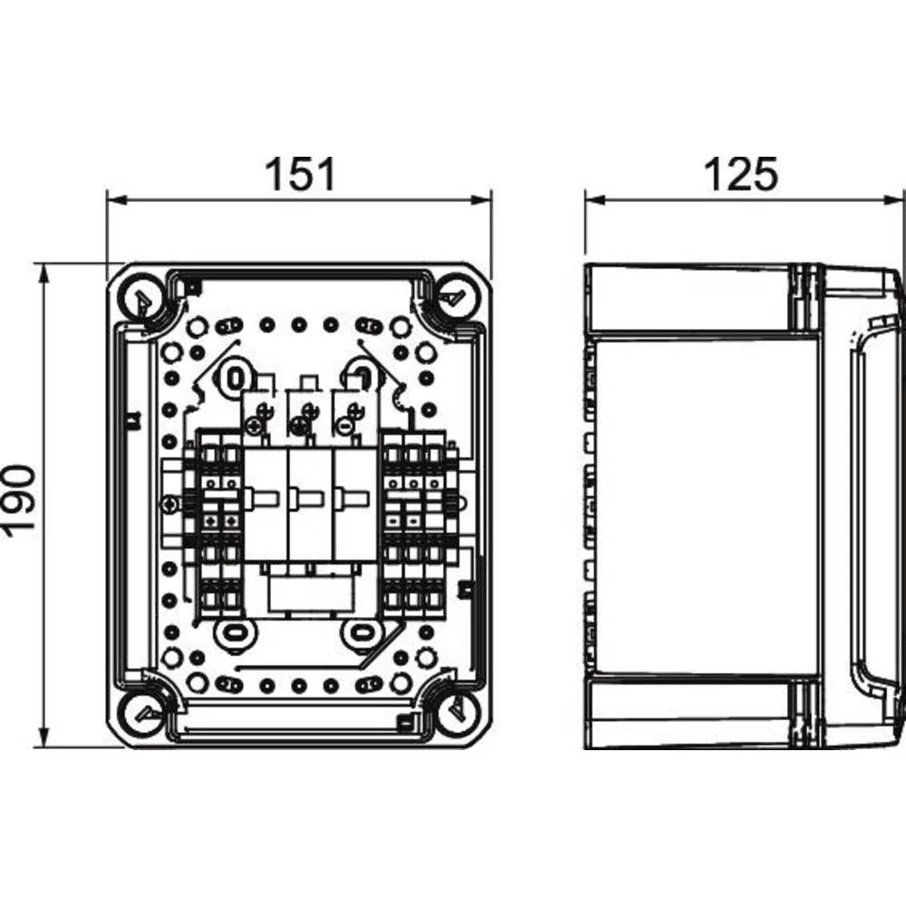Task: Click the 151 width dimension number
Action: (299, 174)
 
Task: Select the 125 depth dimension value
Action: (741, 174)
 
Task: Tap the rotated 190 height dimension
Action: (20, 500)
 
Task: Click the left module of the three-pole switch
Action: (265, 504)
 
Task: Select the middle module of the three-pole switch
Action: (310, 504)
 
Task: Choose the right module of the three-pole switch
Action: (355, 504)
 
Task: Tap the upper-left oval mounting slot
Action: (235, 375)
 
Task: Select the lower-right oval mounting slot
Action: (361, 631)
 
